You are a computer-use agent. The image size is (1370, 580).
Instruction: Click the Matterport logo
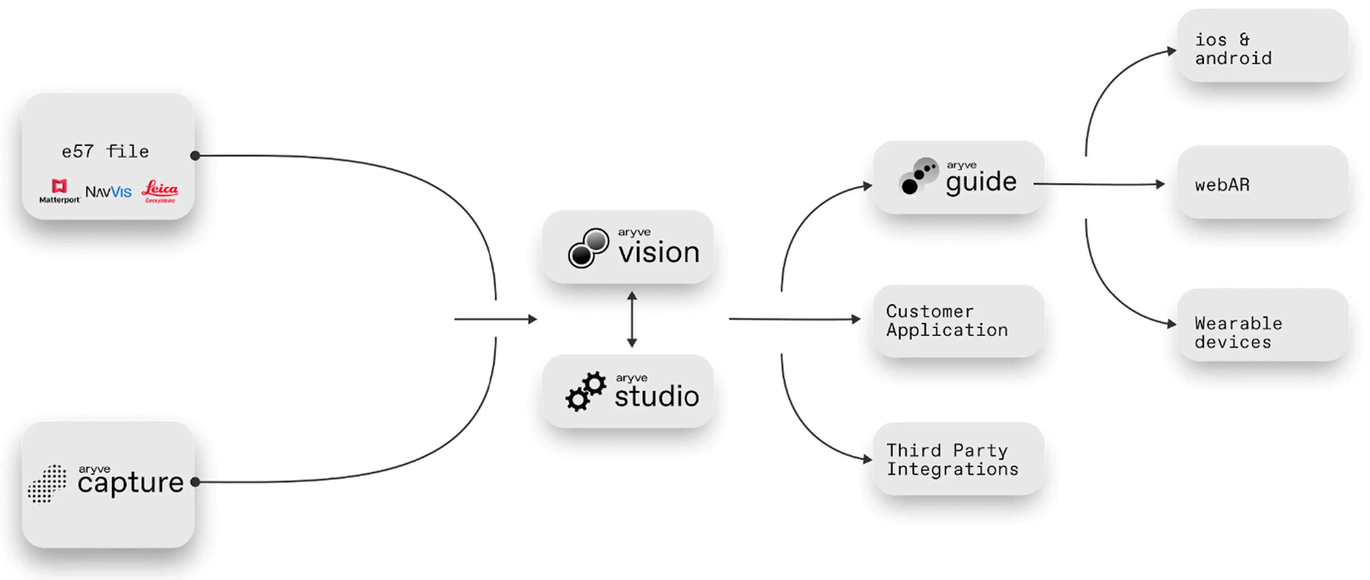[59, 191]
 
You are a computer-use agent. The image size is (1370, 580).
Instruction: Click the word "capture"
[130, 483]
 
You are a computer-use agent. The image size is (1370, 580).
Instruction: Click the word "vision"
[658, 252]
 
